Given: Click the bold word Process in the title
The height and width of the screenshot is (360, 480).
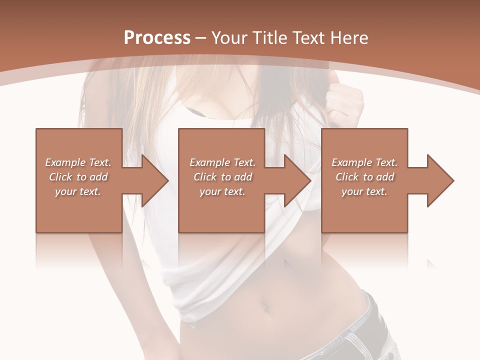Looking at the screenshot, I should [157, 38].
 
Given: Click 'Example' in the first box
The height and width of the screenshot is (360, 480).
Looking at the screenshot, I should [65, 162].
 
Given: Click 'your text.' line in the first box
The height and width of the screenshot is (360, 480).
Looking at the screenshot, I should [78, 191].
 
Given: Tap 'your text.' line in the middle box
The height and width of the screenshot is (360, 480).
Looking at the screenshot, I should [222, 191].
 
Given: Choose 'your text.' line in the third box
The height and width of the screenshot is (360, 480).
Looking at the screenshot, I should [364, 191].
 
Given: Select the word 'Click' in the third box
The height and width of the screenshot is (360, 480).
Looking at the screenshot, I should [347, 177].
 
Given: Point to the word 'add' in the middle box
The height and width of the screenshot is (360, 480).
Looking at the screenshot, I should [242, 177].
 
